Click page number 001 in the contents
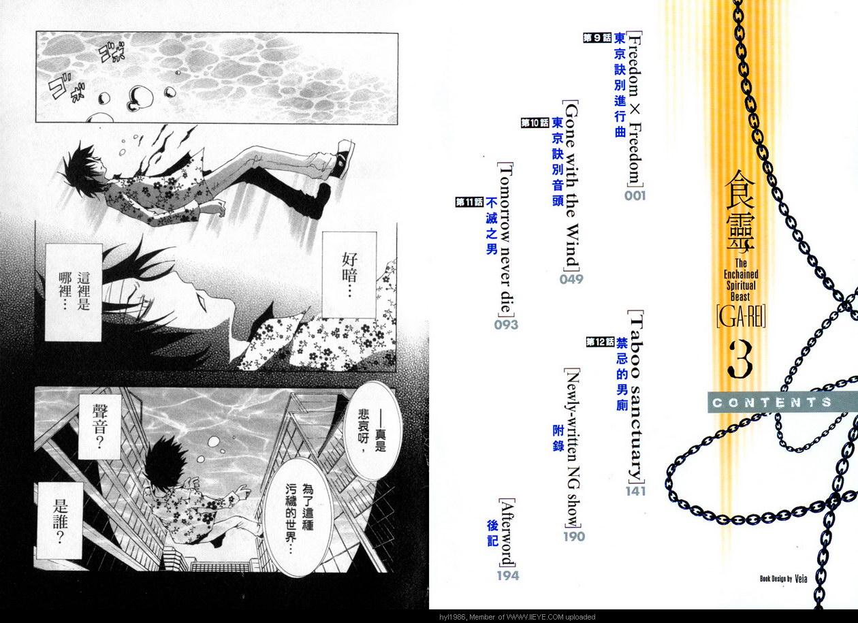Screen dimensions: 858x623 pyautogui.click(x=635, y=195)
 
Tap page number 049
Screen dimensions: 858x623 pyautogui.click(x=571, y=279)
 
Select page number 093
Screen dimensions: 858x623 pyautogui.click(x=505, y=325)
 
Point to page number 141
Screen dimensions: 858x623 pyautogui.click(x=635, y=491)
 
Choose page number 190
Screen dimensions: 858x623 pyautogui.click(x=574, y=537)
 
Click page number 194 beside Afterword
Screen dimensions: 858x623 pyautogui.click(x=508, y=575)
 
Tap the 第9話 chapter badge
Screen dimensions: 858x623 pyautogui.click(x=597, y=38)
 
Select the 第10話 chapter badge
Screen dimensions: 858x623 pyautogui.click(x=535, y=123)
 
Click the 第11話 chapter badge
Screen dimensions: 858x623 pyautogui.click(x=470, y=202)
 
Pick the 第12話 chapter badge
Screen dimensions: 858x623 pyautogui.click(x=600, y=342)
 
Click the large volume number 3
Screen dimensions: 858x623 pyautogui.click(x=740, y=360)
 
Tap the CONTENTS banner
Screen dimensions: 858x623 pyautogui.click(x=782, y=402)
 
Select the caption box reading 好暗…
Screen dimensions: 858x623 pyautogui.click(x=349, y=274)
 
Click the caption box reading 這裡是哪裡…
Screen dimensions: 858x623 pyautogui.click(x=74, y=292)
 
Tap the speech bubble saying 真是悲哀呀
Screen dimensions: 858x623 pyautogui.click(x=372, y=431)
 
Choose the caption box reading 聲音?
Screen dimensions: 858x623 pyautogui.click(x=100, y=427)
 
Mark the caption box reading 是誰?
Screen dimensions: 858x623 pyautogui.click(x=60, y=521)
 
